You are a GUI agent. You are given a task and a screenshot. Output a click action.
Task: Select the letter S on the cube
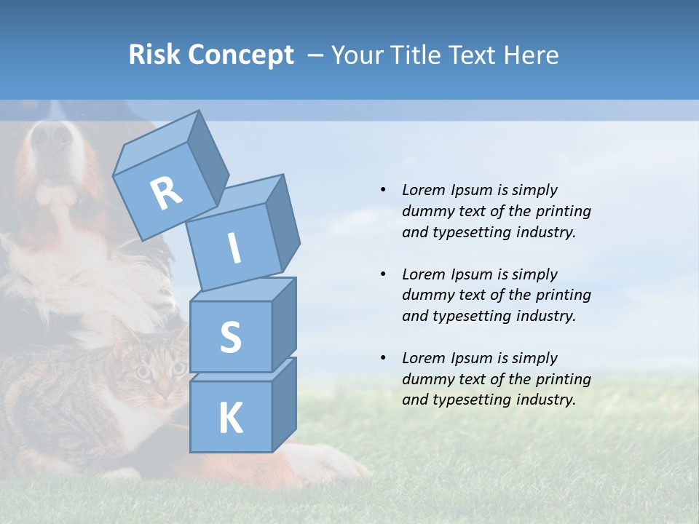[230, 337]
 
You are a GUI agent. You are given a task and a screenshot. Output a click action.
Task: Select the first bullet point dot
[383, 190]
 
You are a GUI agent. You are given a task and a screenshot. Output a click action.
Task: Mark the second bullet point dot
[383, 274]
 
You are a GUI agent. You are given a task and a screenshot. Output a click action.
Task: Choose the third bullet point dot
[383, 358]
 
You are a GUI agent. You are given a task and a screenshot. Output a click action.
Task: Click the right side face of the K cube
[285, 404]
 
